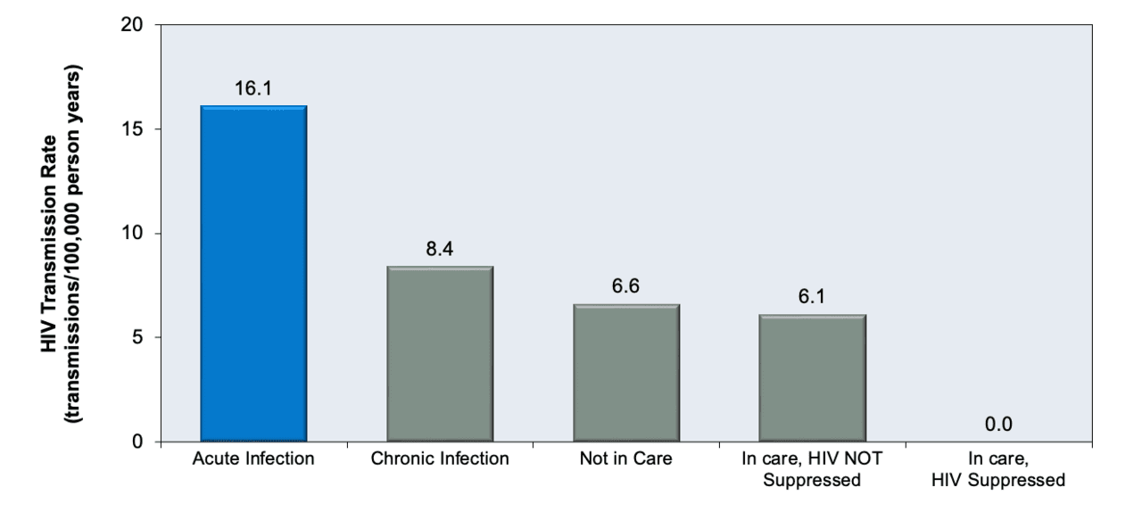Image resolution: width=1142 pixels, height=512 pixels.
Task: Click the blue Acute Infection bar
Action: [253, 273]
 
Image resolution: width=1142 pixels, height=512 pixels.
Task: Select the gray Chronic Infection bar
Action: [440, 353]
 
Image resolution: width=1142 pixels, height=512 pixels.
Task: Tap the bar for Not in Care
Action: [626, 372]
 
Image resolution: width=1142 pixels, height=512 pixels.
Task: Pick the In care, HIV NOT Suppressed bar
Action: [813, 377]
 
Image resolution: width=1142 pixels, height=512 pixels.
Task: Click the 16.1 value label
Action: [253, 89]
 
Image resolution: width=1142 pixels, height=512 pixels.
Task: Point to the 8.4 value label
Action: [440, 249]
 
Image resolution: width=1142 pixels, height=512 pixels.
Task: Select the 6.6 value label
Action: [626, 287]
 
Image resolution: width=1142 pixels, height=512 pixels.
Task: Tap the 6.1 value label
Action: [813, 298]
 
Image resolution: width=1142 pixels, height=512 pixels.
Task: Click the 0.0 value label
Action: [998, 425]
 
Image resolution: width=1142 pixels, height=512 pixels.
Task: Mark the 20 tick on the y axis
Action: [133, 25]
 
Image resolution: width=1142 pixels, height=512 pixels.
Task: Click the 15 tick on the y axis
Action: [133, 129]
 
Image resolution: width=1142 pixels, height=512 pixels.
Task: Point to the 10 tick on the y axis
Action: [133, 234]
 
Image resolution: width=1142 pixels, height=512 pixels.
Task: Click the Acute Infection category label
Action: [253, 460]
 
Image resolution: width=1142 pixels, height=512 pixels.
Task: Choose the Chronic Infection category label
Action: [440, 460]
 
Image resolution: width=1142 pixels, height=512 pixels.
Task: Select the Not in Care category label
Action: [626, 460]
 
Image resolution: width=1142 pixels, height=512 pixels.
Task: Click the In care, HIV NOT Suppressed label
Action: [813, 470]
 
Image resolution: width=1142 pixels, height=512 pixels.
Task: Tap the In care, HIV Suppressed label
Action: [998, 470]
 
